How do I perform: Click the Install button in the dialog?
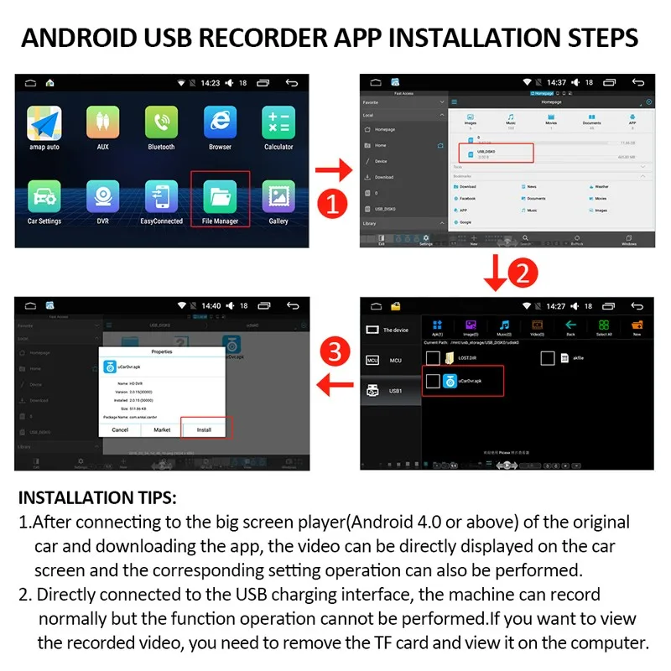(x=204, y=429)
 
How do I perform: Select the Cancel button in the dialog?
(x=120, y=429)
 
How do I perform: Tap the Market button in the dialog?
(x=162, y=429)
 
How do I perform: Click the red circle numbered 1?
(x=334, y=203)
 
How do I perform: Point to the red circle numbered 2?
(x=520, y=273)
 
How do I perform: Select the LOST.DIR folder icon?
(x=450, y=358)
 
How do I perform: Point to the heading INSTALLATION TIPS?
(x=97, y=497)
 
